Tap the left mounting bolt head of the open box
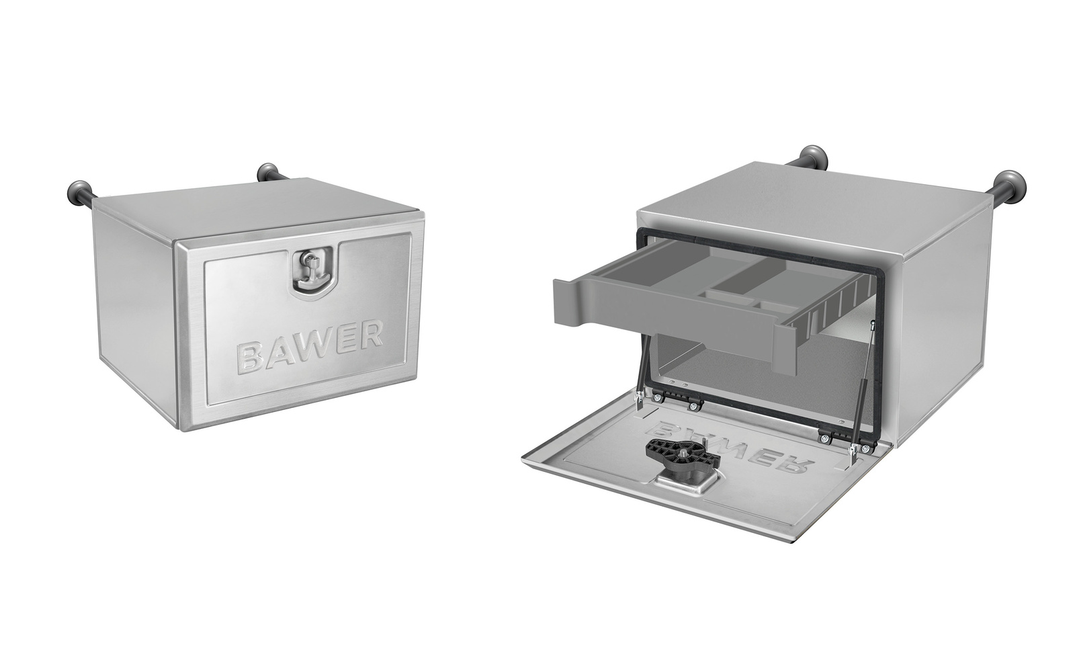pyautogui.click(x=812, y=154)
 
